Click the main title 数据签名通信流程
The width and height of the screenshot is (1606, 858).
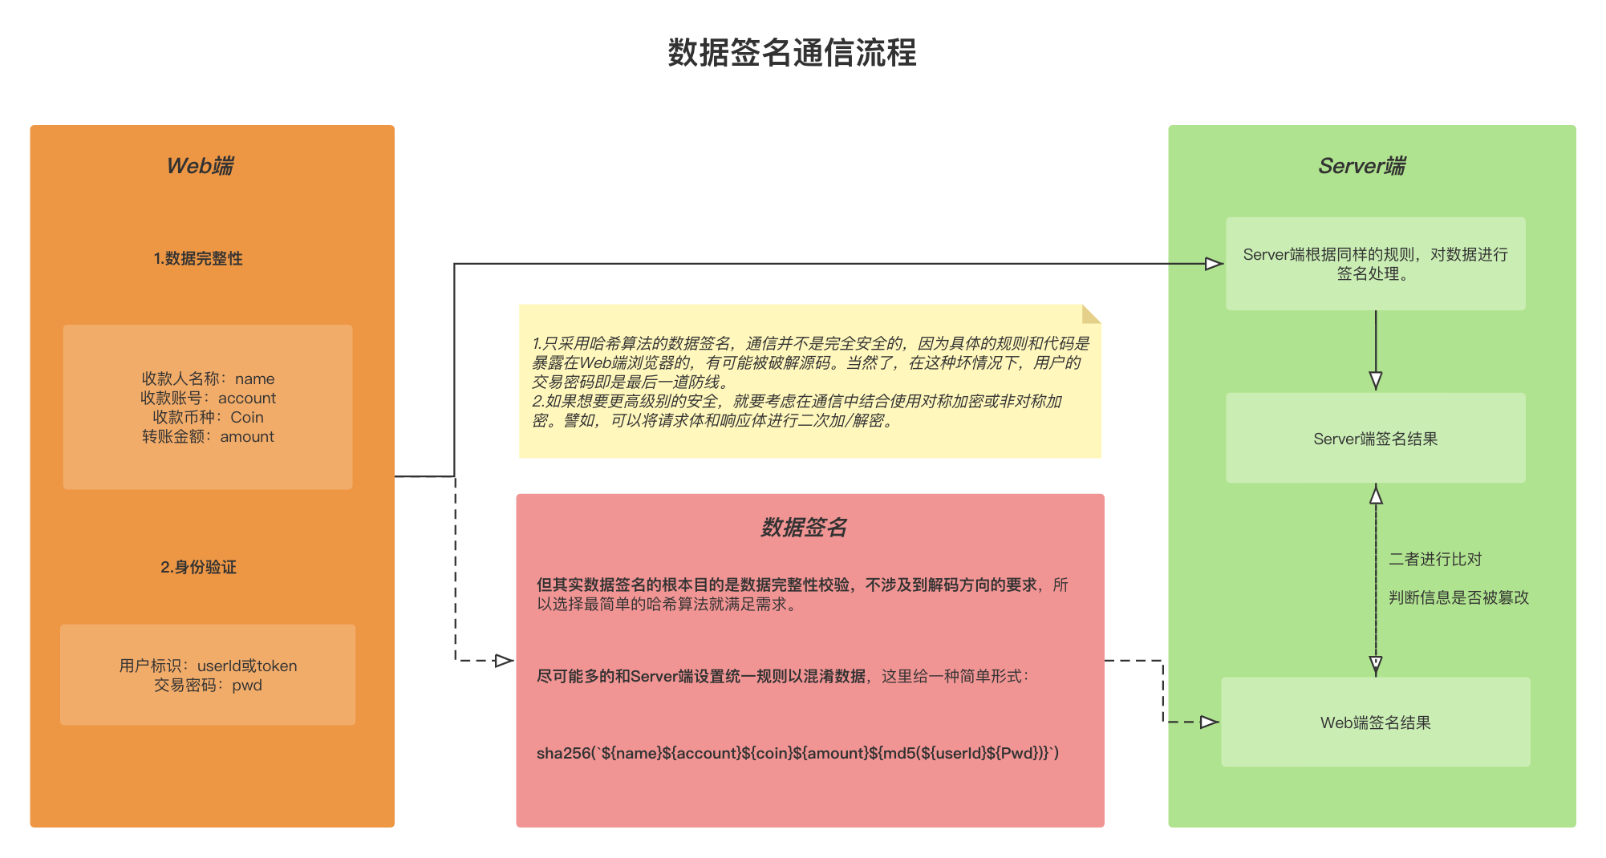pos(792,53)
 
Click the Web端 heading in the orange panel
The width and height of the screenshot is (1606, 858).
pos(200,166)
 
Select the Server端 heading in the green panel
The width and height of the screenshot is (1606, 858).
pos(1361,166)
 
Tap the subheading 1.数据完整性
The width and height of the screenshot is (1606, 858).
pos(198,258)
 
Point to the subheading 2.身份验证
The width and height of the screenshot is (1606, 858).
pos(198,567)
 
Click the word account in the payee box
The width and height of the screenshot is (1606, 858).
pos(247,399)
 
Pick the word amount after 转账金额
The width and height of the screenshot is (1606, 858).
pos(247,437)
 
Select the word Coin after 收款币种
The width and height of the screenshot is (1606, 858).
pos(247,418)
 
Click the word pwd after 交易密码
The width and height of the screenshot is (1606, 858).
pos(247,686)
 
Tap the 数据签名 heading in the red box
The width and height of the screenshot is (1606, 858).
pos(804,528)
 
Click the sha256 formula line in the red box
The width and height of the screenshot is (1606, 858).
pos(797,753)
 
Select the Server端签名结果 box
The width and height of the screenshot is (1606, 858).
pos(1375,439)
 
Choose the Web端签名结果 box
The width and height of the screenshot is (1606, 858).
pos(1375,722)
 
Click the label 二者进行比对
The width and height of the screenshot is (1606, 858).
pos(1435,559)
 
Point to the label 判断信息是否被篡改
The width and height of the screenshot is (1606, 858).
pos(1458,597)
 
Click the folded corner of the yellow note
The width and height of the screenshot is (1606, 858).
pos(1092,314)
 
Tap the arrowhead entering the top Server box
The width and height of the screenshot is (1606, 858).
pos(1215,264)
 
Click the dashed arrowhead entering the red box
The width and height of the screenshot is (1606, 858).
pos(505,661)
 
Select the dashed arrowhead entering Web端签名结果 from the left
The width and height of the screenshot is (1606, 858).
pos(1210,722)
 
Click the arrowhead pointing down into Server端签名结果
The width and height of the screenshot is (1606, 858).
pos(1376,381)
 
